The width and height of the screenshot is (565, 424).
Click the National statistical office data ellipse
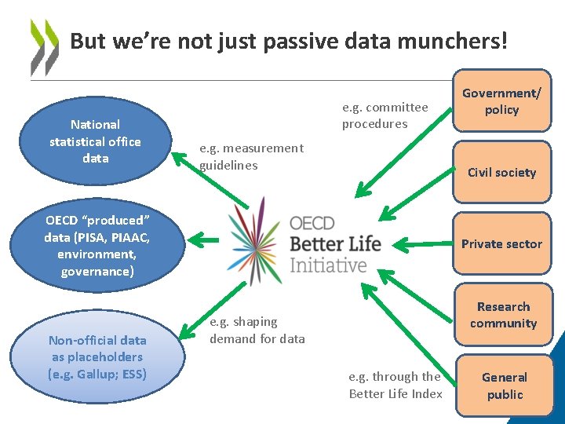point(95,141)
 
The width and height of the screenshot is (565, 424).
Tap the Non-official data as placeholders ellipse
point(97,357)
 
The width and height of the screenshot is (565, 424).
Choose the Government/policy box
point(501,102)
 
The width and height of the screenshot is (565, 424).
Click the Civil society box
point(501,172)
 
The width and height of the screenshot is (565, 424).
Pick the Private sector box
point(501,243)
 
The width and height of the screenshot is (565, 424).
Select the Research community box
point(503,315)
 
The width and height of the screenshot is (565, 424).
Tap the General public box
point(504,386)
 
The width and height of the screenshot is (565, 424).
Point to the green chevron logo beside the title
point(44,47)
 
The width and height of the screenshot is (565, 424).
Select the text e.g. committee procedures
point(385,115)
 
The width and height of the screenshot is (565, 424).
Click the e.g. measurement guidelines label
point(251,156)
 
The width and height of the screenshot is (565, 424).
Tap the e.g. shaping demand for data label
point(257,331)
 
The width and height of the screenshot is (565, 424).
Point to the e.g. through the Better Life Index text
point(395,385)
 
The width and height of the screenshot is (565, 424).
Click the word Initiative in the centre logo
point(328,265)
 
